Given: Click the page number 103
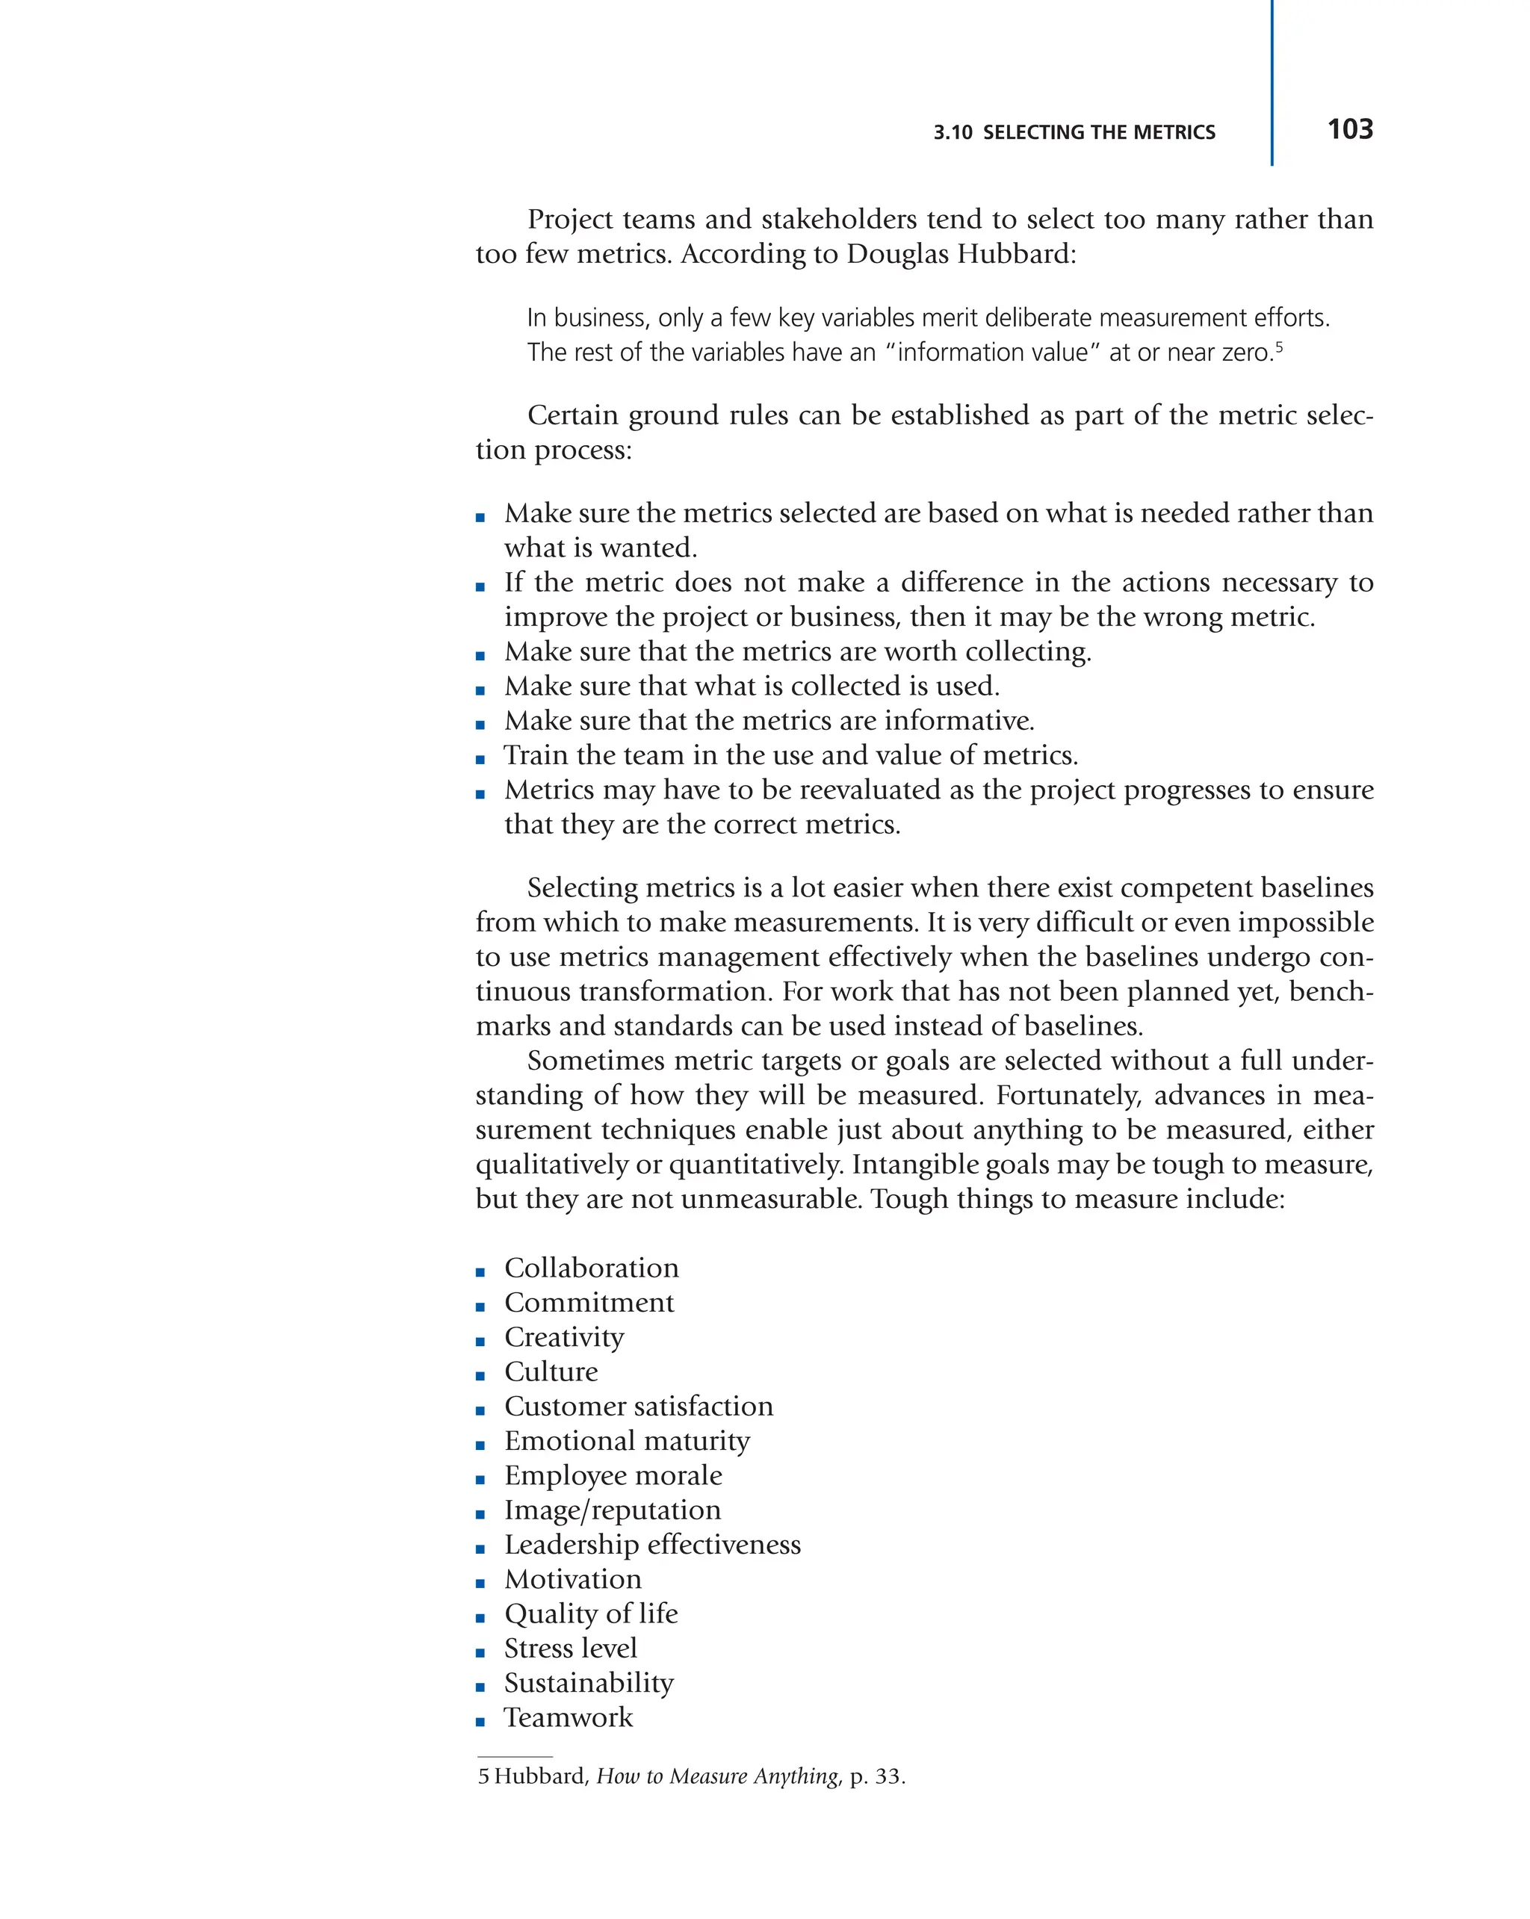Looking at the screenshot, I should [x=1349, y=130].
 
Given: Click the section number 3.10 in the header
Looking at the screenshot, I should [x=953, y=133].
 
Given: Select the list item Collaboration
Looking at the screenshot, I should [x=591, y=1268].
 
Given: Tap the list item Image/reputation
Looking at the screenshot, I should [x=613, y=1510].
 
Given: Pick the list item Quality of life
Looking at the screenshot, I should [x=591, y=1613].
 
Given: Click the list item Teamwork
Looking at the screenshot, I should [x=568, y=1717].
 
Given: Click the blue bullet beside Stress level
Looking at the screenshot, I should [x=480, y=1653].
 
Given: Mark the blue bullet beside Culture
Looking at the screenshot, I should [x=480, y=1376].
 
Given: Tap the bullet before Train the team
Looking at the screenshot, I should [x=480, y=759].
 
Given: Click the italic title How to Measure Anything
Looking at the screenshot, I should [x=717, y=1776].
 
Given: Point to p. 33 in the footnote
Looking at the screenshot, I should [x=877, y=1776].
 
